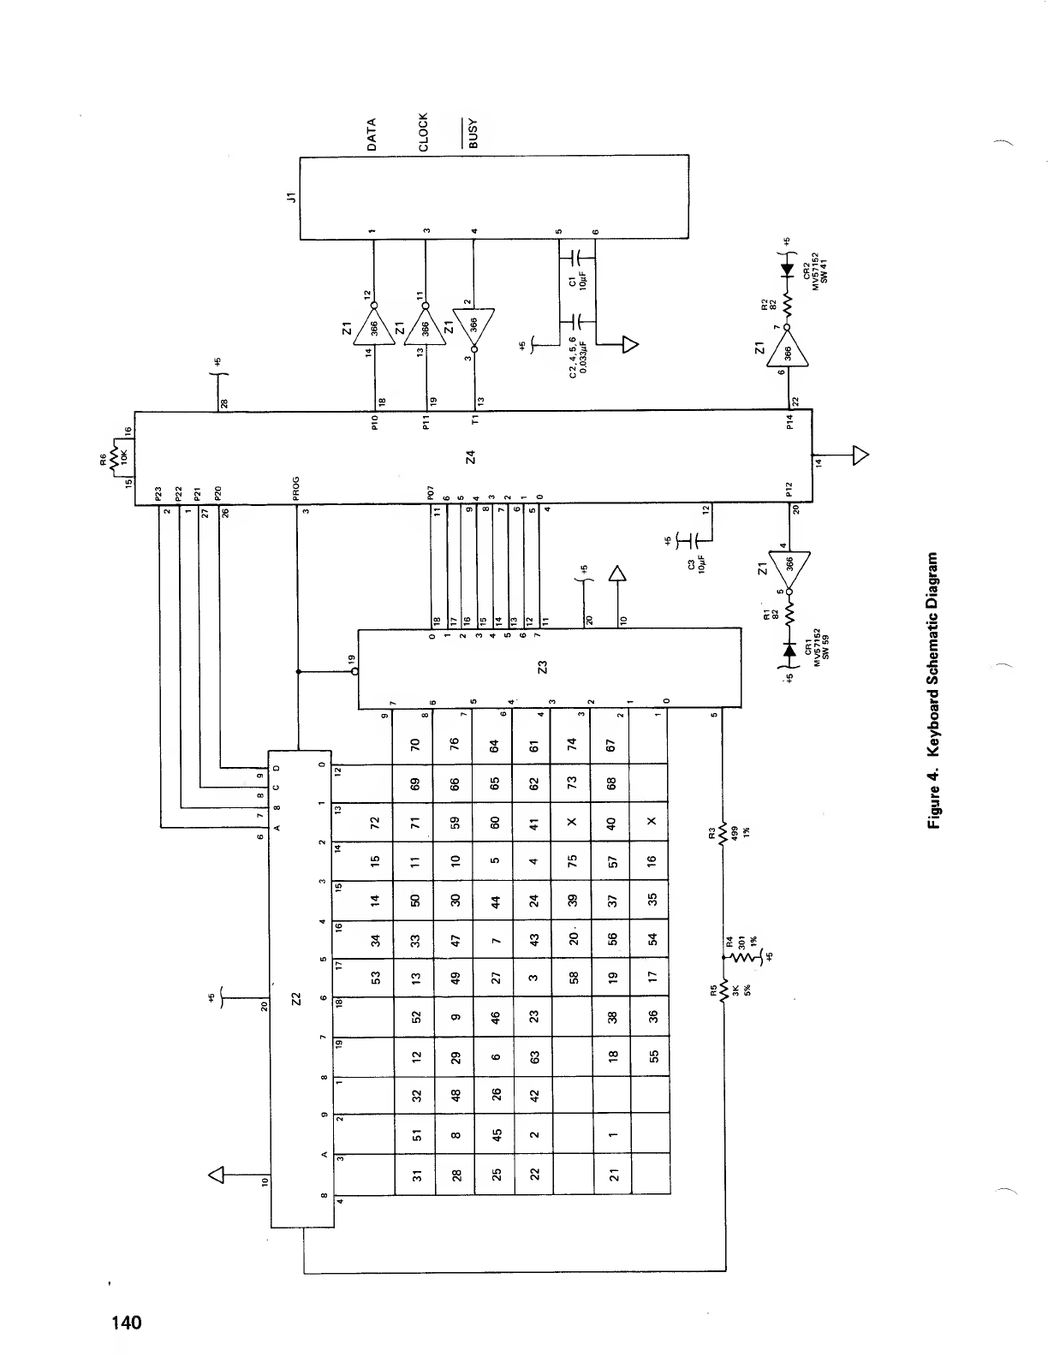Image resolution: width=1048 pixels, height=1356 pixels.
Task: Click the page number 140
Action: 124,1323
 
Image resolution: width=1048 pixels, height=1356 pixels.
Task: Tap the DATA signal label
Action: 372,135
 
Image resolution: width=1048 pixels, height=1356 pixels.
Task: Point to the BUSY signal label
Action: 474,134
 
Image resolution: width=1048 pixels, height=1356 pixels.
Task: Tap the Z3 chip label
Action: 541,667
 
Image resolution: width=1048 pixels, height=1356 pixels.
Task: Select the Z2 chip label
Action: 296,998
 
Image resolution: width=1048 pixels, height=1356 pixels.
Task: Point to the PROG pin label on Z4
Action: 296,496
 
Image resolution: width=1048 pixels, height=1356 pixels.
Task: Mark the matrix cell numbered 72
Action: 373,825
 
